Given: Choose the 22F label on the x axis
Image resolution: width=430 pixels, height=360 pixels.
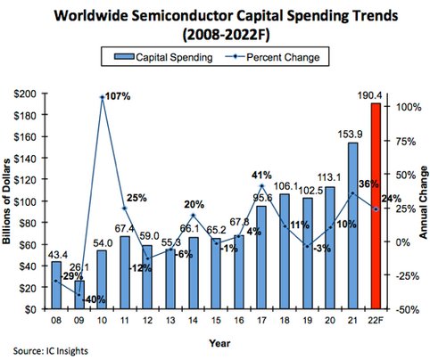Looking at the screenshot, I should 376,318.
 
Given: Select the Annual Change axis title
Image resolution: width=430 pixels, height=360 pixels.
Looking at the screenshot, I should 423,200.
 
